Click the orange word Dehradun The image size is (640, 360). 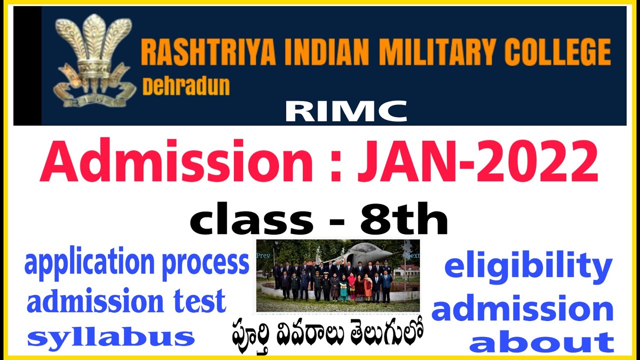tap(186, 86)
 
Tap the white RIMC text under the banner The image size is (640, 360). tap(346, 111)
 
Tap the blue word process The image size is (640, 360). tap(205, 264)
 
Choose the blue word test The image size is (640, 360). tap(199, 302)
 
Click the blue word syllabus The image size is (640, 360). tap(111, 338)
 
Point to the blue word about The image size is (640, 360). tap(542, 343)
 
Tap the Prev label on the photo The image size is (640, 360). tap(263, 255)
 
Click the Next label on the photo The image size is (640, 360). tap(412, 255)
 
